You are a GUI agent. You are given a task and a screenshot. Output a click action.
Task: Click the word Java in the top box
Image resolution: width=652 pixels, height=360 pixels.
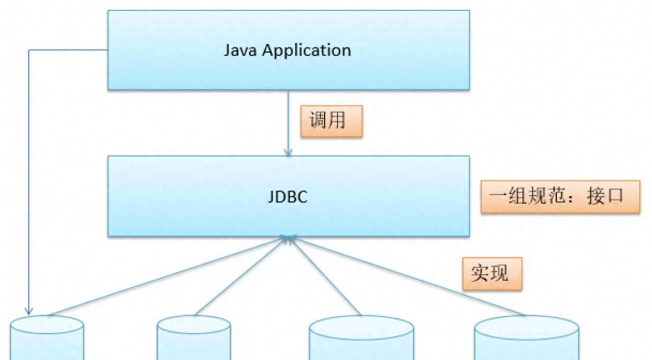(241, 50)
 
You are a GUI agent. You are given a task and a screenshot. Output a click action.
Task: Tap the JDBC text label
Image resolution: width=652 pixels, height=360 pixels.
(288, 197)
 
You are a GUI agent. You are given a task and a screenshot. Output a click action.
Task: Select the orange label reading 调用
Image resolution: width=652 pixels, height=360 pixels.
(331, 121)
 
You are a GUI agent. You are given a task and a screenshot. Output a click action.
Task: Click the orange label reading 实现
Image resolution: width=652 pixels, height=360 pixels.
(492, 274)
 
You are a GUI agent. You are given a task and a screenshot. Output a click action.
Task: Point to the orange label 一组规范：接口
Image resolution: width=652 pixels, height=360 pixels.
(560, 197)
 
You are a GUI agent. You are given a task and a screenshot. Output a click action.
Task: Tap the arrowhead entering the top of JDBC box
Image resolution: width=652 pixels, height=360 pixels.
(288, 152)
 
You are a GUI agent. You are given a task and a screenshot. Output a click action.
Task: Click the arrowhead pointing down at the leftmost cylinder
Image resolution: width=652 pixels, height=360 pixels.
(29, 310)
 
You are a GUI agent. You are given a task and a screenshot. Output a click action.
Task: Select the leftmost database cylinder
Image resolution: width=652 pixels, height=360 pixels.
(46, 339)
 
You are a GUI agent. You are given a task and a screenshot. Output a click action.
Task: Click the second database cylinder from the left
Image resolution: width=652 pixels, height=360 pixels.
(194, 339)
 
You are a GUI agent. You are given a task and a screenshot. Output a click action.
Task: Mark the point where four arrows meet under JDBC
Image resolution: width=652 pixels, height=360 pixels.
(288, 238)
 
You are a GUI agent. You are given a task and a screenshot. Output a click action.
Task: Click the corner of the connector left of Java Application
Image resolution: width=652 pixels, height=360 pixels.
(29, 50)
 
